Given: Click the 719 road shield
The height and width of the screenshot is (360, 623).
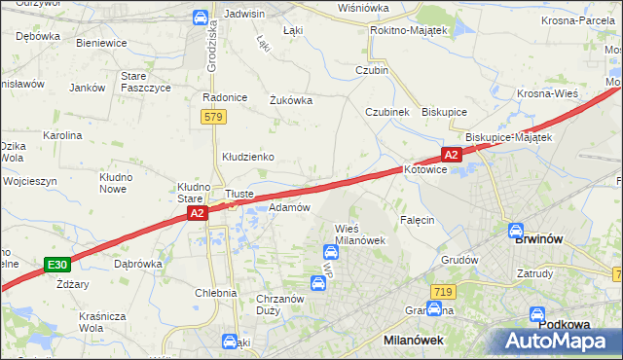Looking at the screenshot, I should click(x=443, y=292).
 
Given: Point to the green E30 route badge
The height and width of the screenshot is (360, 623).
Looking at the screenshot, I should click(x=57, y=264).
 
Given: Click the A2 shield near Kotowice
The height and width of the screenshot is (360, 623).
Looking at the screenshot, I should click(x=450, y=155).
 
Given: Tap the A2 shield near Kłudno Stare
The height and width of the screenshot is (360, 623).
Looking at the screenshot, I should click(x=197, y=213).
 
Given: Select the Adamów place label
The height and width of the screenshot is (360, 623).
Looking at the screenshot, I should click(x=289, y=207).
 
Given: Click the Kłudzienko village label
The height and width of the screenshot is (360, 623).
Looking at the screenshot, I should click(x=248, y=157).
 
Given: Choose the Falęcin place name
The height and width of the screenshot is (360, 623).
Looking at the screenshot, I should click(x=416, y=220).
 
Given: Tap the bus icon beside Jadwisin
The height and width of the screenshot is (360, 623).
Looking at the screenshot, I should click(x=200, y=17).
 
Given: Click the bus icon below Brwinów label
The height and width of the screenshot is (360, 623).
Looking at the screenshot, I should click(x=516, y=232).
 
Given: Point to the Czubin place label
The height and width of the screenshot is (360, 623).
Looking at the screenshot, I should click(x=372, y=70).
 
